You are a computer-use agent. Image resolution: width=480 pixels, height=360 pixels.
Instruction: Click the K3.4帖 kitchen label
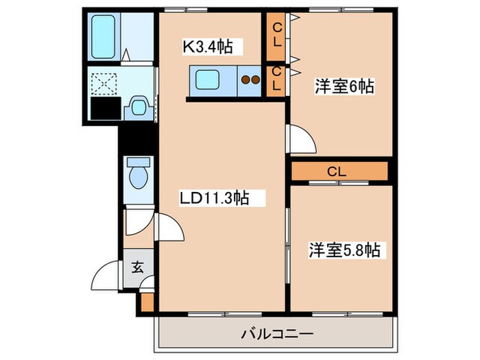click(208, 47)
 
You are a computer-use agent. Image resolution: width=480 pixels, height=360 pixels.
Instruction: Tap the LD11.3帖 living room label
click(214, 197)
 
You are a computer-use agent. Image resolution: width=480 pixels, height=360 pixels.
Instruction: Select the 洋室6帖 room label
click(345, 86)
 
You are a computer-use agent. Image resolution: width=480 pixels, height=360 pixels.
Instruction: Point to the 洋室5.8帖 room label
click(345, 250)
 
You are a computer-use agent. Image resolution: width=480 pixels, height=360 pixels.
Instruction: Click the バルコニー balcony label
click(278, 334)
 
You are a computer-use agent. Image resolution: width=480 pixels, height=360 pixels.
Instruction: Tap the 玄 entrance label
click(137, 267)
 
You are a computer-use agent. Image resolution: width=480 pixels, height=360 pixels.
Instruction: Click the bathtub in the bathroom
click(103, 37)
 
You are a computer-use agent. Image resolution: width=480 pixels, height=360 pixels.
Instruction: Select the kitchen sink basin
click(207, 80)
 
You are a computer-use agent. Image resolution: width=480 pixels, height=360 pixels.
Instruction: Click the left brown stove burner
click(245, 80)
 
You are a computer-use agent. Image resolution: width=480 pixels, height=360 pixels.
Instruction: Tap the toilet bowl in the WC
click(139, 178)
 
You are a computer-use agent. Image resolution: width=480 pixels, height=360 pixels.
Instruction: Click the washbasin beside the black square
click(139, 108)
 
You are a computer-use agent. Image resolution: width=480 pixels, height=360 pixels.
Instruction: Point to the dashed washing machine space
click(105, 84)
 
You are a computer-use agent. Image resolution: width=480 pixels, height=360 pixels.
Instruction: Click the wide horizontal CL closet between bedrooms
click(339, 171)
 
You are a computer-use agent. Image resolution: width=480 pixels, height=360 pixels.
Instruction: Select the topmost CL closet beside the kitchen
click(276, 36)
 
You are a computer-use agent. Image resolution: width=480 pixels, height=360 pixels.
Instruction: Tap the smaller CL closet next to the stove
click(276, 80)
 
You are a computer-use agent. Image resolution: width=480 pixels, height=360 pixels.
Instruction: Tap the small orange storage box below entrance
click(147, 302)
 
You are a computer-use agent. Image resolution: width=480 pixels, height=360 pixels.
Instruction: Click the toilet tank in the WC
click(139, 162)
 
